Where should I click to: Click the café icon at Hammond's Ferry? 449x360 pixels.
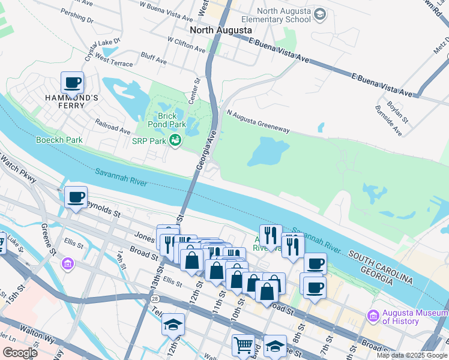[72, 82]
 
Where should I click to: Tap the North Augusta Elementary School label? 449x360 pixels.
[284, 16]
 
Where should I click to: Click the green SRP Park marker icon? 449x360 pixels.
[175, 141]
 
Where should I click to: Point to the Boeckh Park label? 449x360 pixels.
[58, 140]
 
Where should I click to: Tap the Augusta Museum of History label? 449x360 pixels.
[414, 317]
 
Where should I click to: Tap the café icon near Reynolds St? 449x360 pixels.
[76, 197]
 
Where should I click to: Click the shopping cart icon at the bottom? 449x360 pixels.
[243, 345]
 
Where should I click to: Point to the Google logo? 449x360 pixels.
[20, 353]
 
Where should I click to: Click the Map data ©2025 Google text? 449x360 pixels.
[412, 355]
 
